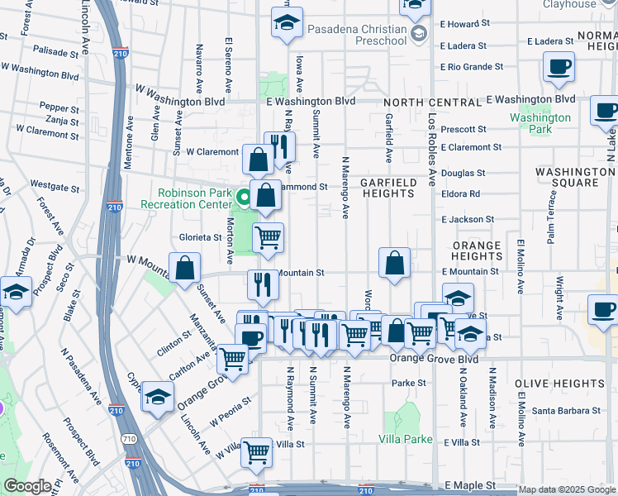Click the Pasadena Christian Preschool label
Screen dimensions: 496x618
(357, 34)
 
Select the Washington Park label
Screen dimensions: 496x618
(540, 123)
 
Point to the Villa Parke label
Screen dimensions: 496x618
(406, 439)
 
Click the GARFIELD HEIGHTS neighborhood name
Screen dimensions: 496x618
(387, 187)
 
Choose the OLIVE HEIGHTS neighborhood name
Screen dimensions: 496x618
(559, 384)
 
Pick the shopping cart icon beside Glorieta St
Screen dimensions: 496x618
(268, 237)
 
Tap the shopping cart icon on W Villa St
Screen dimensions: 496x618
(256, 451)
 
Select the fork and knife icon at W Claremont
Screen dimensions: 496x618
(279, 146)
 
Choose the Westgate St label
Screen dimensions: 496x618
(55, 185)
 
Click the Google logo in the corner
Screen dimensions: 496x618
(28, 486)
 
